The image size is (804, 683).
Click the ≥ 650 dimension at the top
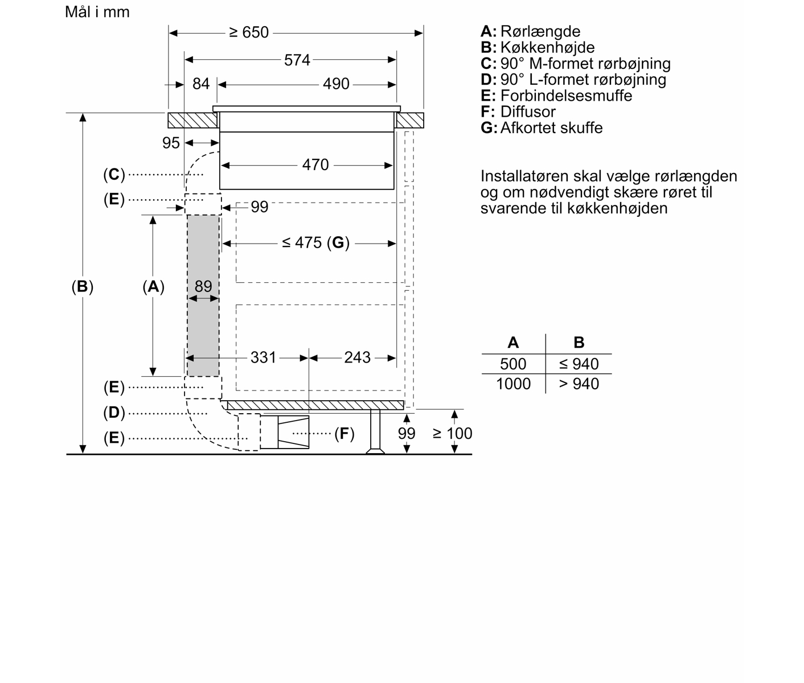(x=249, y=32)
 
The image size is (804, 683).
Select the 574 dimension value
(x=297, y=60)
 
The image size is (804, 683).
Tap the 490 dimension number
(x=336, y=84)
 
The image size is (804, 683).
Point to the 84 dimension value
(x=200, y=84)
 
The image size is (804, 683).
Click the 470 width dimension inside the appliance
(x=315, y=165)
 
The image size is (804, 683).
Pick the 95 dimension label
(x=171, y=143)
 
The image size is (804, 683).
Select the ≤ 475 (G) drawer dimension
(x=315, y=243)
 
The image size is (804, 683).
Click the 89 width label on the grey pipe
(x=203, y=286)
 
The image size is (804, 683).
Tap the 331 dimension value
(x=263, y=357)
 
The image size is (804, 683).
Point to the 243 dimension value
(x=358, y=357)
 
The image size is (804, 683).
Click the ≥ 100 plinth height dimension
(x=452, y=434)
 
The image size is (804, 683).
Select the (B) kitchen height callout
(x=83, y=287)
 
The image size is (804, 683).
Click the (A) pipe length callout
(x=153, y=287)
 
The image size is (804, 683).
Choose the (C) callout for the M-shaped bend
(x=114, y=175)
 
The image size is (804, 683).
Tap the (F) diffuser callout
(x=344, y=434)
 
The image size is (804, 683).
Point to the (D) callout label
(x=114, y=413)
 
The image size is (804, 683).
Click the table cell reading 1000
(x=514, y=384)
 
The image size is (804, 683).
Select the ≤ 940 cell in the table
(x=579, y=364)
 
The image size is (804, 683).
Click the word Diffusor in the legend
(x=528, y=112)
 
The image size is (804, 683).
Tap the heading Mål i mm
(x=97, y=12)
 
